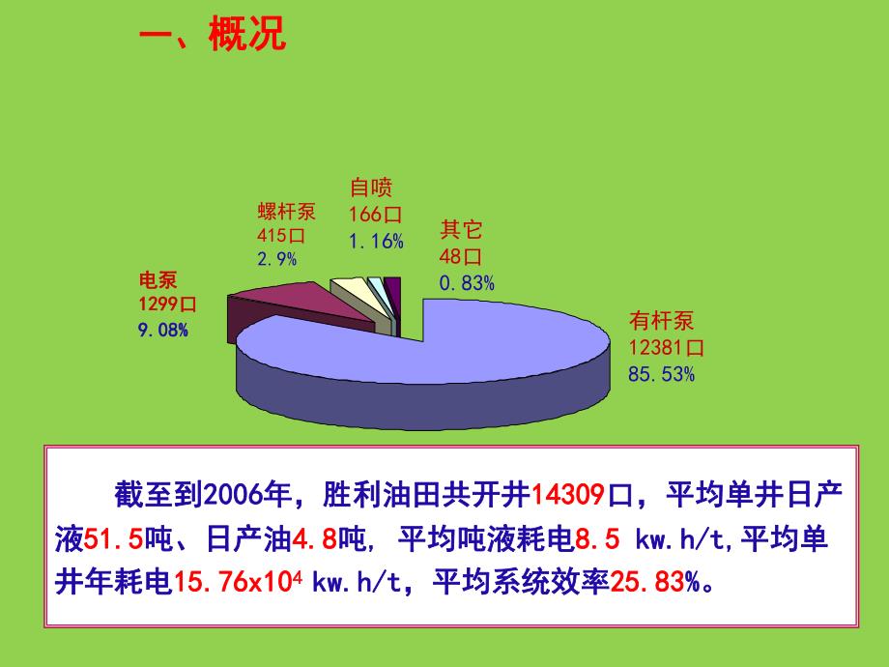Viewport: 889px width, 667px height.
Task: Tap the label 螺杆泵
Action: pos(286,212)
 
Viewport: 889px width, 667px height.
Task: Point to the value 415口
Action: pos(281,235)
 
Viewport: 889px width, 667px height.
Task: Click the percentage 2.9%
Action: pos(277,258)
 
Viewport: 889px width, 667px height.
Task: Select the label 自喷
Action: pos(371,188)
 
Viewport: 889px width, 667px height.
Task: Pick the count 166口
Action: pos(375,215)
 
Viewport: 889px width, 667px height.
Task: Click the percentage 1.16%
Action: pos(376,241)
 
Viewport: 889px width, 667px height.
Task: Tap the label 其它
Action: pos(461,230)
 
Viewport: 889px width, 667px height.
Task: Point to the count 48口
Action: pos(461,257)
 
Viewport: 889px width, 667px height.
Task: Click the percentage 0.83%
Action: pos(467,283)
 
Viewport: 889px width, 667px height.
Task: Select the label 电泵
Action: pos(158,280)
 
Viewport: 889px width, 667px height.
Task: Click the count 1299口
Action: pos(168,304)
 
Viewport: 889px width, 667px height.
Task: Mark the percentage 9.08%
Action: pos(163,330)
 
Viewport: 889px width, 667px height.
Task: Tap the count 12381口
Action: pos(666,347)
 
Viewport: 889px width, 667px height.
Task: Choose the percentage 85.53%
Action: pos(661,373)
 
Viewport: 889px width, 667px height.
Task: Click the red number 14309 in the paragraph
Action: pos(568,494)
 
